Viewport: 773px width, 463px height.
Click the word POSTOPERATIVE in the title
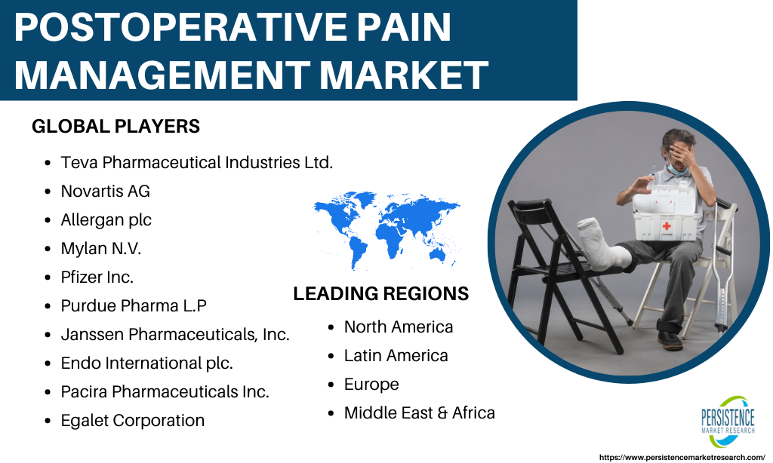click(183, 27)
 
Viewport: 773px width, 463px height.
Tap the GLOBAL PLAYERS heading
click(115, 127)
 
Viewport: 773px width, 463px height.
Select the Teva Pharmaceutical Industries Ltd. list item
click(197, 162)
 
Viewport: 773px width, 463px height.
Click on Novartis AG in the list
click(106, 191)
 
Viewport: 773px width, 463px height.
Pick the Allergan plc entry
click(106, 219)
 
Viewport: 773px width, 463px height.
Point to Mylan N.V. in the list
click(100, 248)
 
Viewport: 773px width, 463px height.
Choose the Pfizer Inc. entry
click(97, 277)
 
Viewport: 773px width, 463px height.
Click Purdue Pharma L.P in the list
click(134, 305)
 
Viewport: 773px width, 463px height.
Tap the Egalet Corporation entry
click(133, 420)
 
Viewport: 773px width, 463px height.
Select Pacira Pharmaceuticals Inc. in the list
click(165, 391)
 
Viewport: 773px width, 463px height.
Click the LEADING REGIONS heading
click(381, 293)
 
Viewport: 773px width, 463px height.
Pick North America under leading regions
click(399, 327)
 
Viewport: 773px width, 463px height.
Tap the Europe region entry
click(371, 384)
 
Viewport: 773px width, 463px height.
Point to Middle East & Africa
click(420, 412)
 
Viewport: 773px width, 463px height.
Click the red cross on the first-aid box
click(667, 226)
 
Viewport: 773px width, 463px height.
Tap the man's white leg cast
click(602, 244)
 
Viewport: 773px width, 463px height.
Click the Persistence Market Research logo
click(728, 421)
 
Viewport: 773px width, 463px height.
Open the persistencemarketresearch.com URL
click(682, 457)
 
